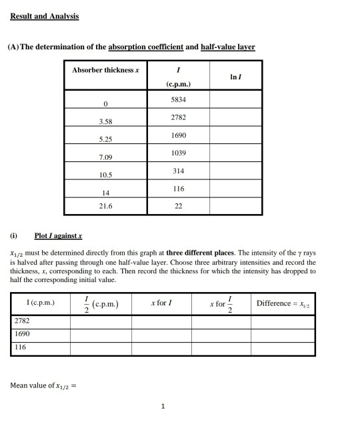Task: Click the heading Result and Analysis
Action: (x=44, y=16)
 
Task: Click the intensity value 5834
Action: (x=179, y=99)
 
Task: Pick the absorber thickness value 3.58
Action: (x=105, y=121)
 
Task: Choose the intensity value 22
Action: (x=179, y=207)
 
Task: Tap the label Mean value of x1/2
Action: (x=44, y=385)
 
